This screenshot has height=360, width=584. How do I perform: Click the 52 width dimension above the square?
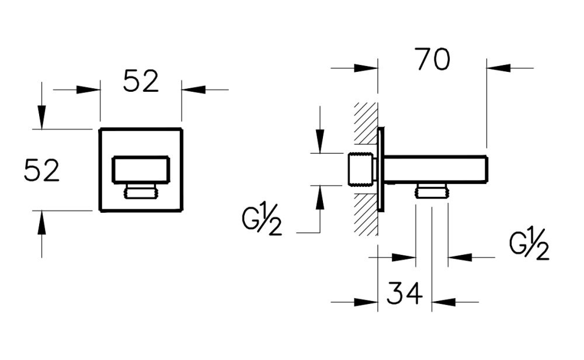[141, 82]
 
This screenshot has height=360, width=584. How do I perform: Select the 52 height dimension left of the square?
[41, 171]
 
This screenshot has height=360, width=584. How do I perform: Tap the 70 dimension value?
[433, 60]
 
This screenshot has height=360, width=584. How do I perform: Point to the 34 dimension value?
[404, 293]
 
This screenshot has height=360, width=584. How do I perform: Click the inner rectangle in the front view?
[141, 169]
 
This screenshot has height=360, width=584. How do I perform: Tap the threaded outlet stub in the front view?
[141, 191]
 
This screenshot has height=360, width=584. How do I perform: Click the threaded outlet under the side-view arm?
[432, 191]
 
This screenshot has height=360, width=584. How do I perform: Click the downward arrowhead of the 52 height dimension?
[41, 117]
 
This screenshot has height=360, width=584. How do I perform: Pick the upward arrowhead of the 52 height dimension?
[41, 221]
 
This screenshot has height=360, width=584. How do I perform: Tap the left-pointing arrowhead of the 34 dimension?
[444, 302]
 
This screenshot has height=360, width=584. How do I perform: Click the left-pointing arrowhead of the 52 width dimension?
[193, 89]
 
